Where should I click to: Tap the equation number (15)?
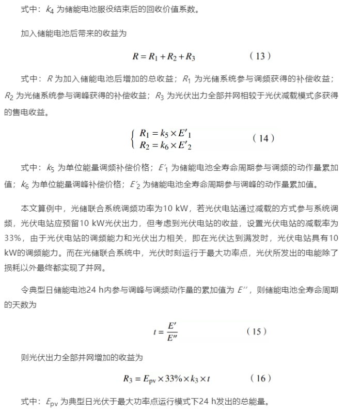tap(257, 331)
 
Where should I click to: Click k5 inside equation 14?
tap(164, 134)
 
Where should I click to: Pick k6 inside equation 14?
tap(164, 146)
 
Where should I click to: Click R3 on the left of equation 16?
tap(128, 379)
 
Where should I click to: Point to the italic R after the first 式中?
tap(50, 79)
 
